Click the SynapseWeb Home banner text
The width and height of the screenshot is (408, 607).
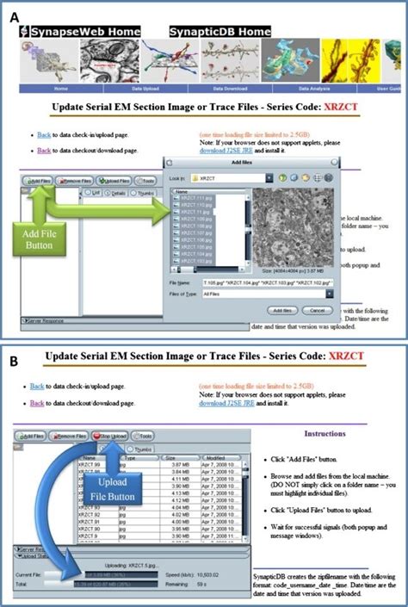point(82,32)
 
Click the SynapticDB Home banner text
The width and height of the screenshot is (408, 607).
point(213,32)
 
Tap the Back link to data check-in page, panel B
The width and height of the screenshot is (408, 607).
point(38,387)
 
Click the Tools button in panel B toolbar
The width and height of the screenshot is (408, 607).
point(143,437)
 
